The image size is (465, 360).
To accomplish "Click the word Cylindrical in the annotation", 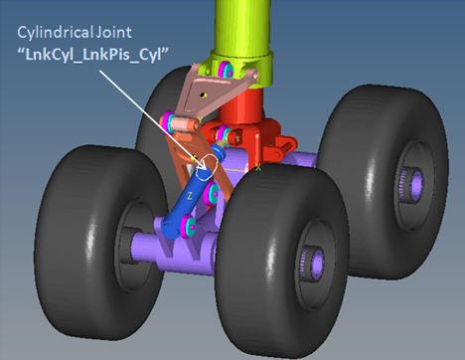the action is pos(56,33).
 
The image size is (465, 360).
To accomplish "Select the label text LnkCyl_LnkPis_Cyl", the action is pos(93,55).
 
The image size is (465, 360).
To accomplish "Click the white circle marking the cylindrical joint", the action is pos(206,167).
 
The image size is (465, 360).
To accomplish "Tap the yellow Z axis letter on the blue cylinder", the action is pos(189,196).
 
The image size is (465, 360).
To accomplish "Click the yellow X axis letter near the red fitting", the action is pos(258,168).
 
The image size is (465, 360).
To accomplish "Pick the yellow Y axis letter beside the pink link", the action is pos(200,119).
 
